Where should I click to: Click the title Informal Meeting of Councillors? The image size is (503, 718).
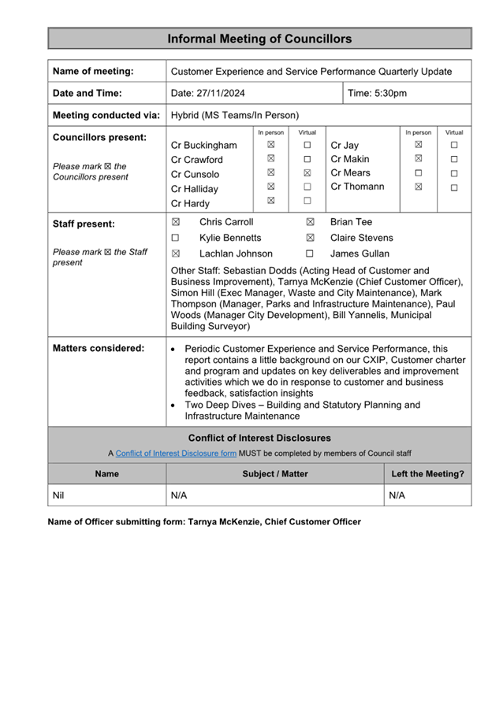(x=259, y=39)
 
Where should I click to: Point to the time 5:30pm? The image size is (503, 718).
(x=378, y=93)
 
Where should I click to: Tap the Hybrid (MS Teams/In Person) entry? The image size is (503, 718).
(x=235, y=115)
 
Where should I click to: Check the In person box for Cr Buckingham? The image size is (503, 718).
(x=270, y=145)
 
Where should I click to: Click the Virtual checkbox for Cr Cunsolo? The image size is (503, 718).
(x=307, y=172)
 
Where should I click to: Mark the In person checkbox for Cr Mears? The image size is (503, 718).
(x=418, y=172)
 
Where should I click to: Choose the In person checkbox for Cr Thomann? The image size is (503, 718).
(x=418, y=187)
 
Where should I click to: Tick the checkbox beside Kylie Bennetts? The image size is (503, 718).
(x=176, y=238)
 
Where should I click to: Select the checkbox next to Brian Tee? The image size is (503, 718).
(x=310, y=223)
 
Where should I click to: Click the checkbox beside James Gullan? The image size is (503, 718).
(x=310, y=254)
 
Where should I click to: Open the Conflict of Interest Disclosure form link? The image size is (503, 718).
(x=176, y=453)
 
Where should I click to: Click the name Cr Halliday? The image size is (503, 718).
(x=195, y=189)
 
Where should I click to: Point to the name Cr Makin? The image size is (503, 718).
(x=350, y=159)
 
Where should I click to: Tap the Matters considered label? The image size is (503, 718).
(x=98, y=348)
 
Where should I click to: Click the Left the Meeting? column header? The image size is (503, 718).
(x=427, y=474)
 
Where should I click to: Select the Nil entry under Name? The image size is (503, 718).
(x=59, y=495)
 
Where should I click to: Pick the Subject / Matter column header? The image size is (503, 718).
(x=275, y=474)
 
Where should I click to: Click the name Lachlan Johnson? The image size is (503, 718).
(x=236, y=254)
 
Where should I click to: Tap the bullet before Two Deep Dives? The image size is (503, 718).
(x=173, y=405)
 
